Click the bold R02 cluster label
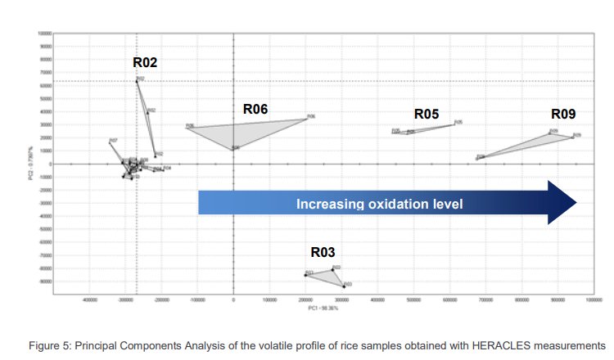click(x=145, y=61)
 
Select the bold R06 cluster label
click(x=255, y=108)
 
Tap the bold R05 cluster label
click(x=427, y=114)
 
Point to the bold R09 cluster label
click(x=563, y=114)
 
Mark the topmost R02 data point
click(x=137, y=80)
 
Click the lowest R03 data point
click(x=344, y=286)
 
